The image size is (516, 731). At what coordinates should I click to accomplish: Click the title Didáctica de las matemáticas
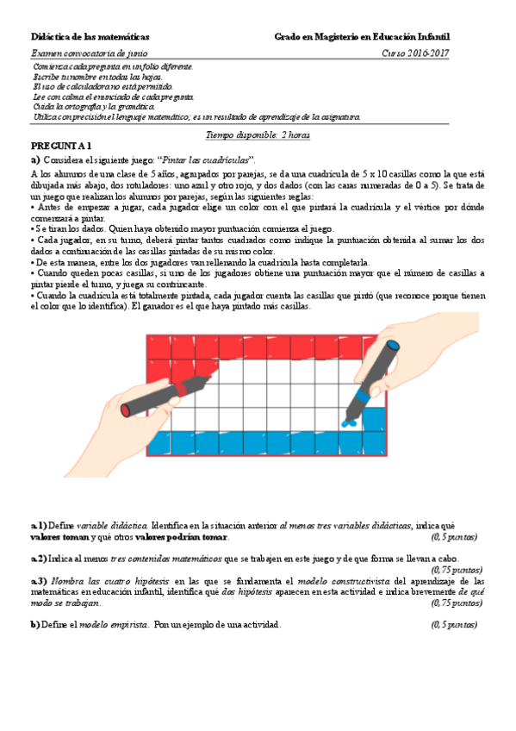pos(90,37)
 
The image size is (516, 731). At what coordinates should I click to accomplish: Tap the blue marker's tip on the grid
pos(350,422)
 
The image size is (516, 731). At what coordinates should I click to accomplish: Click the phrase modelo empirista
pos(114,624)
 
